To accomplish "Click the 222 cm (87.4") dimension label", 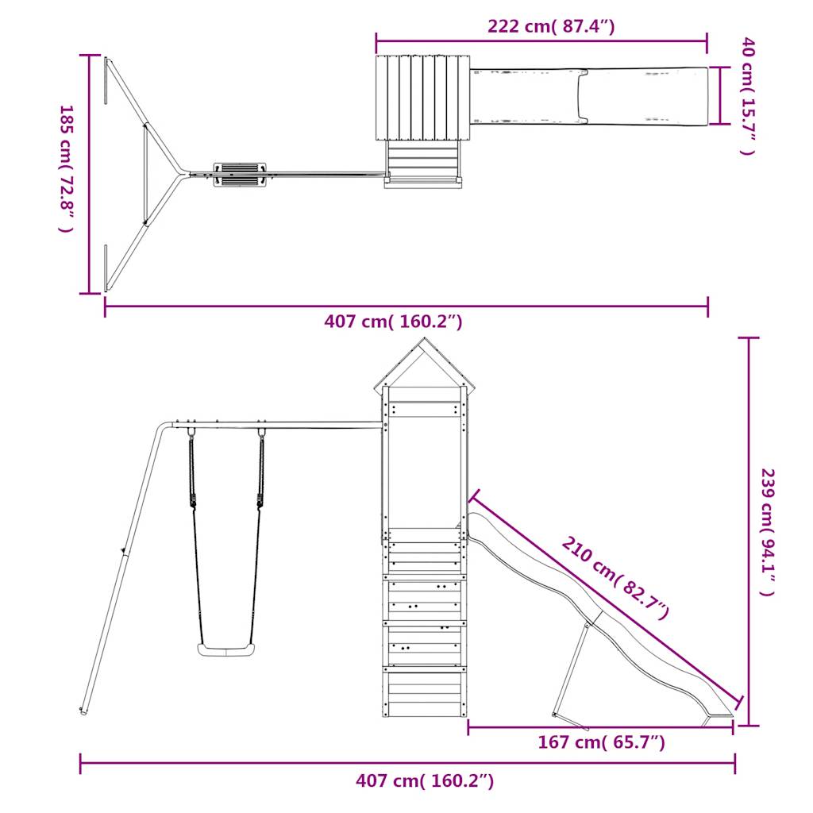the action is tap(551, 25).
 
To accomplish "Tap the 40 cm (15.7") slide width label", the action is tap(747, 96).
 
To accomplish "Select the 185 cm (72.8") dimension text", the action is tap(66, 168).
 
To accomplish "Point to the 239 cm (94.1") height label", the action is tap(767, 532).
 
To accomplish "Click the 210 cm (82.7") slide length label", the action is tap(615, 578).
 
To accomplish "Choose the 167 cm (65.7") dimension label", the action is tap(601, 742).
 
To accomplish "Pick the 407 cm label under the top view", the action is tap(393, 322).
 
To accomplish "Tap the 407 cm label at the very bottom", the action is tap(425, 780).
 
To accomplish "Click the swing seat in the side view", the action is tap(226, 649).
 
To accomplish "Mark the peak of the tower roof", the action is tap(425, 338).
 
